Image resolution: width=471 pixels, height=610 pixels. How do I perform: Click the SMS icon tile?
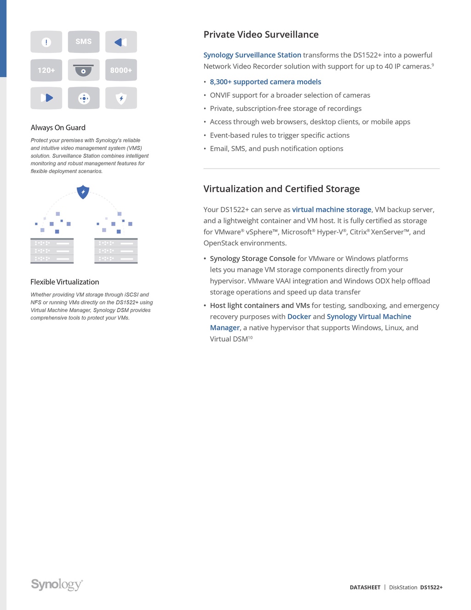click(83, 42)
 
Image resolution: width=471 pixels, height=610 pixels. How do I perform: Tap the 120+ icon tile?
click(46, 70)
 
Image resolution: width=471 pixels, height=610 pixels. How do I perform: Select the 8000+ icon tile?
click(121, 70)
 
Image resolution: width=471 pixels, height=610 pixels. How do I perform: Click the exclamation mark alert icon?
click(46, 42)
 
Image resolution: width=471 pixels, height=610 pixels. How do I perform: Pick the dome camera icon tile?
click(83, 70)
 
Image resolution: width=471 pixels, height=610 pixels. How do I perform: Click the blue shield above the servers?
click(83, 192)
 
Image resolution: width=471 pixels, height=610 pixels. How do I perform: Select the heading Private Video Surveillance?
click(261, 35)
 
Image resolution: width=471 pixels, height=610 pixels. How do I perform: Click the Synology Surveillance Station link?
click(252, 55)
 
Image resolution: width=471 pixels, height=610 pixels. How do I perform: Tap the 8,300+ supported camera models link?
click(265, 81)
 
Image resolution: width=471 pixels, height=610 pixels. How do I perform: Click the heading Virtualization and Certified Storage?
click(281, 189)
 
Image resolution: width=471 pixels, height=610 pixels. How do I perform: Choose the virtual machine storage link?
click(331, 209)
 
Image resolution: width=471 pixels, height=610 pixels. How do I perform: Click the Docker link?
click(299, 316)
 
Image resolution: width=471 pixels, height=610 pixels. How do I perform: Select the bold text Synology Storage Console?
click(253, 258)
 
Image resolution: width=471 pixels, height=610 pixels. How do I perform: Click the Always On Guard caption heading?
click(58, 128)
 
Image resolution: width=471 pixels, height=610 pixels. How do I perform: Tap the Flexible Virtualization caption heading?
click(64, 282)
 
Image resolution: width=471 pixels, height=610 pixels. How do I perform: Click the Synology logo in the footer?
click(57, 584)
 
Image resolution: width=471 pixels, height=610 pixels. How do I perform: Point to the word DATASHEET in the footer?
click(365, 587)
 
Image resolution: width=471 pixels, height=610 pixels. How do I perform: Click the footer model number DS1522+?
click(431, 587)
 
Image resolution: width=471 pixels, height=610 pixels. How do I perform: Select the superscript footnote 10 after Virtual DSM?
click(250, 337)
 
